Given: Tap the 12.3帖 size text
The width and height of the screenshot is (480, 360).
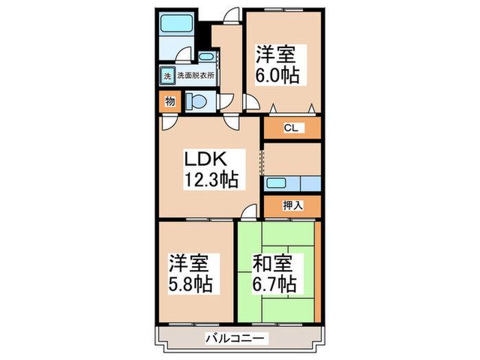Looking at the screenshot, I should [210, 180].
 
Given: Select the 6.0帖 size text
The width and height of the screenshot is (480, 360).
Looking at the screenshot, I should [278, 74].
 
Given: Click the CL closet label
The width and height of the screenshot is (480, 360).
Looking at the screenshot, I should [291, 128].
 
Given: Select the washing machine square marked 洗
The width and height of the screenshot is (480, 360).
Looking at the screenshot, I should [167, 75].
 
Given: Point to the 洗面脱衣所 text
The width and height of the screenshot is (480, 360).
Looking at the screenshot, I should [196, 75].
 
